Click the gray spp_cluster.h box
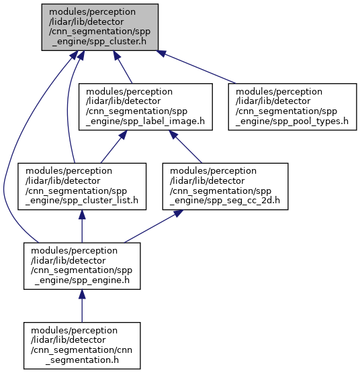click(x=100, y=27)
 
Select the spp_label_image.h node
click(x=146, y=107)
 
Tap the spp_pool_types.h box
click(x=292, y=107)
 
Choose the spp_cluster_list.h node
click(x=82, y=186)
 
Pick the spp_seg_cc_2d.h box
click(x=225, y=186)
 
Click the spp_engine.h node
click(x=82, y=266)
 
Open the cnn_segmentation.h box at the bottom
click(x=82, y=345)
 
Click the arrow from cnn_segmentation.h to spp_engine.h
click(x=82, y=306)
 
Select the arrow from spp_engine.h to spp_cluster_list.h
click(x=82, y=226)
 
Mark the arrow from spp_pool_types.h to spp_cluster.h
click(x=196, y=67)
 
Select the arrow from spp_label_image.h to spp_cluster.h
click(x=123, y=67)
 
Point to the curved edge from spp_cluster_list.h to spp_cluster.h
click(x=68, y=107)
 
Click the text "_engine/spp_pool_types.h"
click(x=292, y=121)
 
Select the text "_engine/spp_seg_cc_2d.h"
click(x=225, y=201)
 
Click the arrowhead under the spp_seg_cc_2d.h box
click(x=177, y=213)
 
